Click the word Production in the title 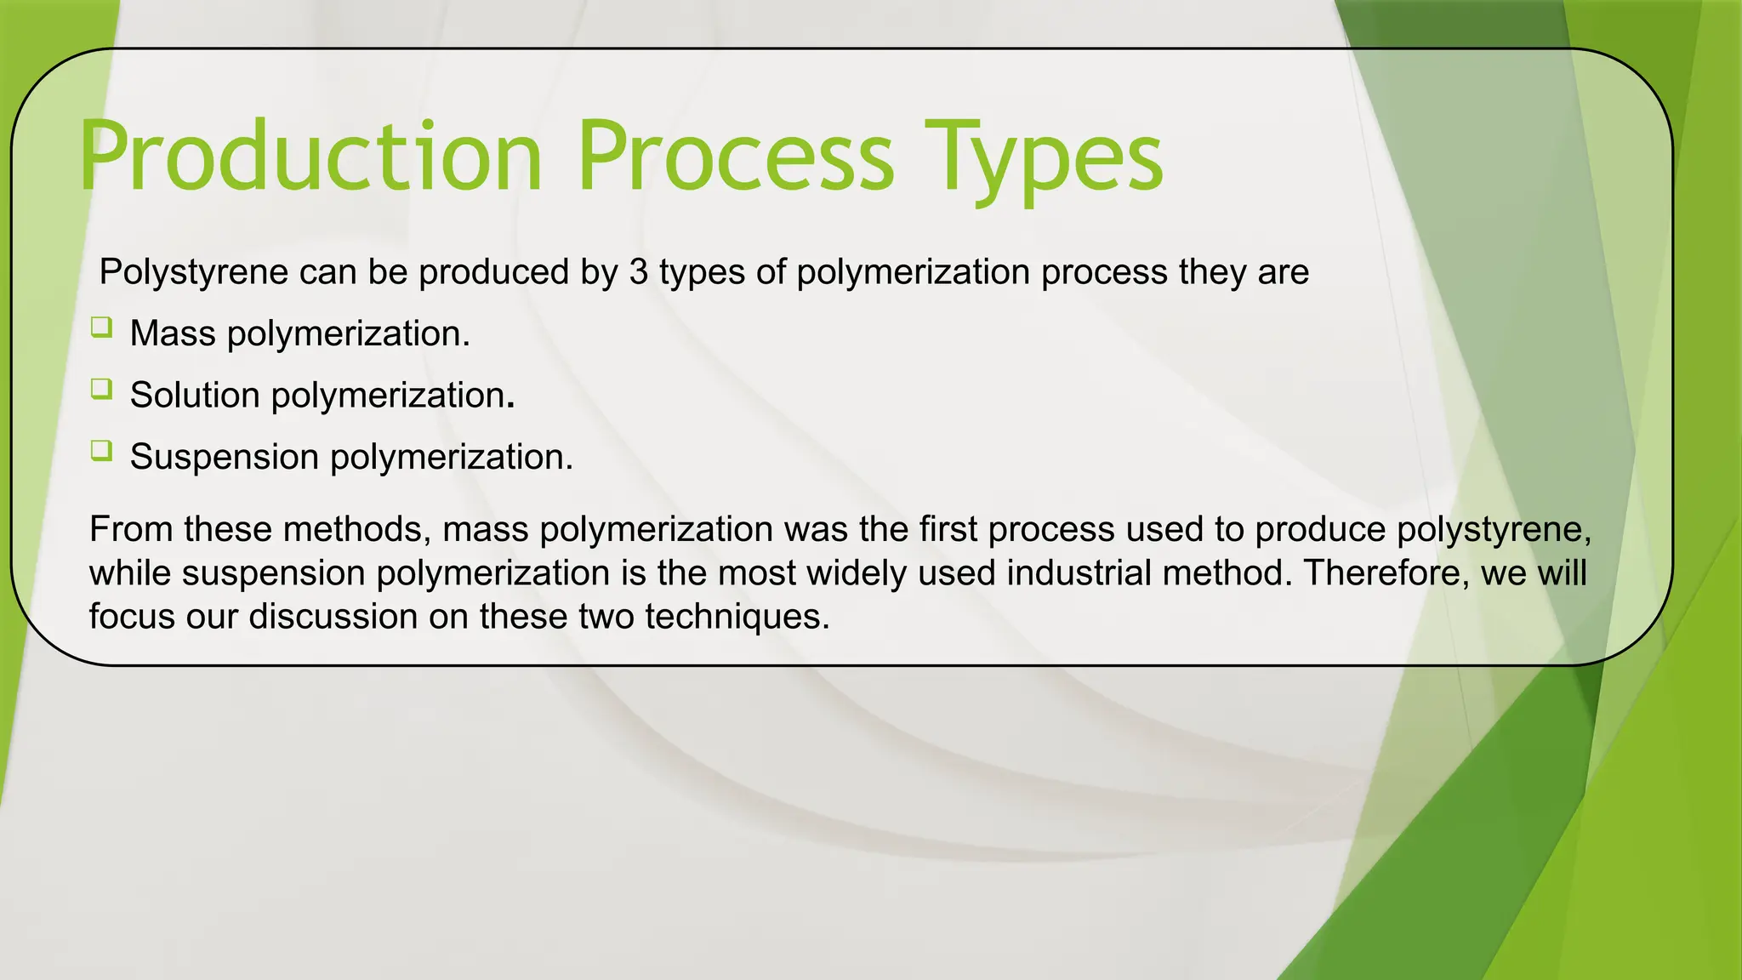(310, 157)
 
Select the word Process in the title (736, 157)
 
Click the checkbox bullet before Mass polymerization (101, 328)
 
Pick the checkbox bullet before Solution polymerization (101, 390)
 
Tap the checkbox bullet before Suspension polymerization (101, 451)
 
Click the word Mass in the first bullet (173, 333)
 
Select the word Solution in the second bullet (195, 396)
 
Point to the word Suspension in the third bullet (224, 458)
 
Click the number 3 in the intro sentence (638, 272)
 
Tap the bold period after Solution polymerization (510, 407)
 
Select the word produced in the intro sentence (493, 273)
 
